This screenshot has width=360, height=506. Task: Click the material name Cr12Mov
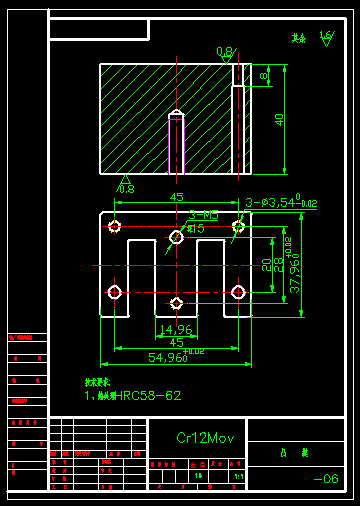[x=205, y=438]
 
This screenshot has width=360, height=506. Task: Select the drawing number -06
[x=326, y=480]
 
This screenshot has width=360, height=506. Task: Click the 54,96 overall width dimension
[x=171, y=357]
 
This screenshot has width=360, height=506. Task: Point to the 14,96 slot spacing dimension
[x=176, y=329]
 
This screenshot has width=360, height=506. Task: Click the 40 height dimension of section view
[x=280, y=119]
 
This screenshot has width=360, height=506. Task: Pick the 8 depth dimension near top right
[x=264, y=75]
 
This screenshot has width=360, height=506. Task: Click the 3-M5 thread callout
[x=203, y=215]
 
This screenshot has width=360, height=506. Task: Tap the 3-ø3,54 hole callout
[x=280, y=203]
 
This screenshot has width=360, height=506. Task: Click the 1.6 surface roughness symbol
[x=325, y=37]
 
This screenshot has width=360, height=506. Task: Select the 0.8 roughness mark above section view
[x=225, y=52]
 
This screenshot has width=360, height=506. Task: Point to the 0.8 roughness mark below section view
[x=126, y=187]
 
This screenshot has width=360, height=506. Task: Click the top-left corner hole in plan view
[x=115, y=227]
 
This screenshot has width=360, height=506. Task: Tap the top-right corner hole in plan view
[x=238, y=227]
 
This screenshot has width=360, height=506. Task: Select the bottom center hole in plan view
[x=176, y=303]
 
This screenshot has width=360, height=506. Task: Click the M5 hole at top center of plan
[x=176, y=237]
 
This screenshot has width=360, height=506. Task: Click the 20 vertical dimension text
[x=266, y=264]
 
